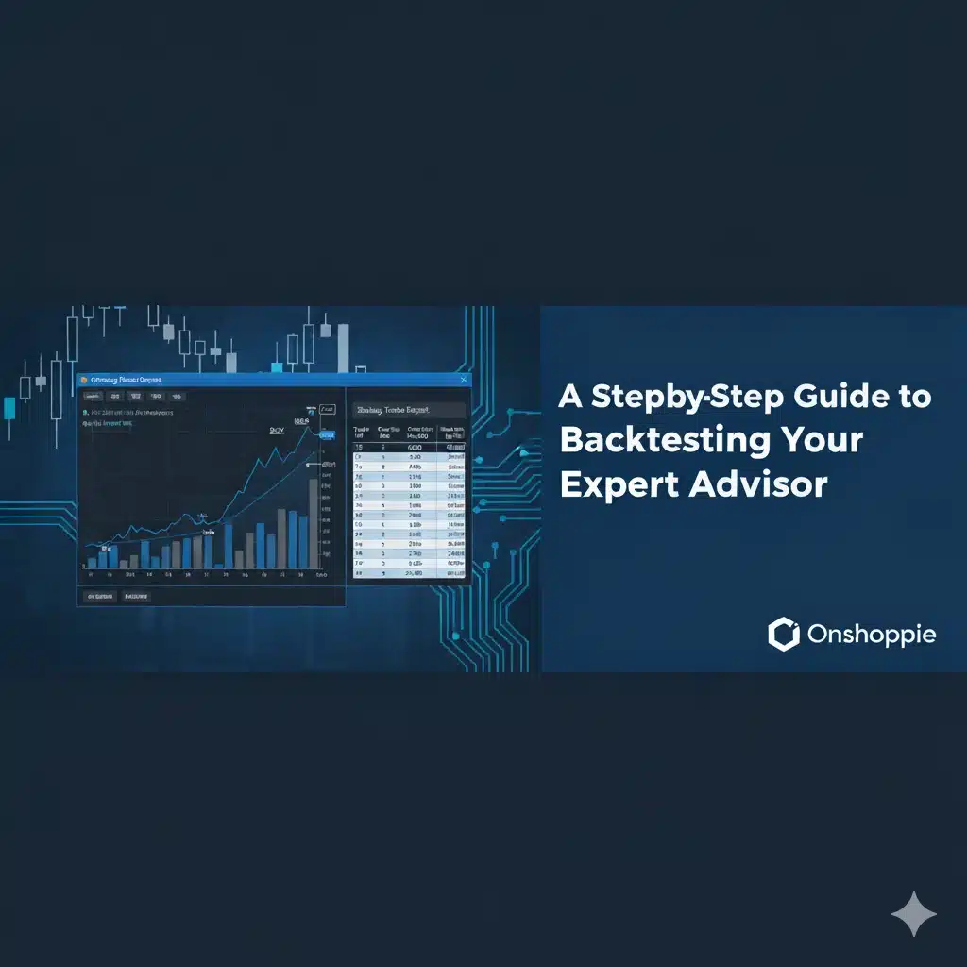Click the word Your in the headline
(818, 440)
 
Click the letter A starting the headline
(569, 396)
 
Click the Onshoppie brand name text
(872, 635)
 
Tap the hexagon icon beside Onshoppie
(784, 635)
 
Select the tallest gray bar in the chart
(314, 524)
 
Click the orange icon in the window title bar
(83, 380)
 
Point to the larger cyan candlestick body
(9, 409)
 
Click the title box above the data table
(408, 411)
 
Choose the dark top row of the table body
(408, 447)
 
